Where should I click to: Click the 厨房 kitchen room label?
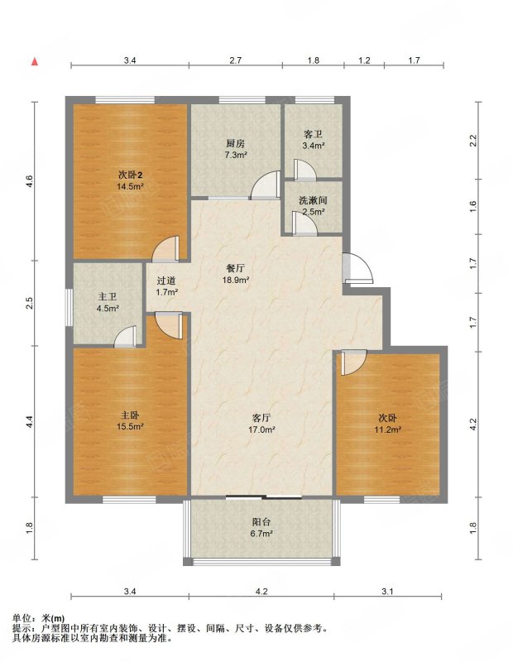(236, 144)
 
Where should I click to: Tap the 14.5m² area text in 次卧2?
(131, 185)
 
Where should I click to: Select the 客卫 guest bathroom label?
(314, 135)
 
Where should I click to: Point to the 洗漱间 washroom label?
(313, 200)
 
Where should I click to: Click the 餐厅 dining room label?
(236, 268)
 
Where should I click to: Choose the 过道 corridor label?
(166, 281)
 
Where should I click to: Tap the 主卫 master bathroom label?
(108, 297)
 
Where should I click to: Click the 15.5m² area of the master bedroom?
(131, 426)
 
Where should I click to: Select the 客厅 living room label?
(261, 418)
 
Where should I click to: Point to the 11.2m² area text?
(387, 429)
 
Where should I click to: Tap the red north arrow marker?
(35, 61)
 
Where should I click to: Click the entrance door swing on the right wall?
(358, 267)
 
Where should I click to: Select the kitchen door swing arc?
(265, 185)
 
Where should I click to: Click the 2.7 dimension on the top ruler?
(235, 60)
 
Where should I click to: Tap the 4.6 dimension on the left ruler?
(29, 182)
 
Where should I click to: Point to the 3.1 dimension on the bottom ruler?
(387, 592)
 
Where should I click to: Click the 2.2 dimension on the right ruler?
(473, 140)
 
